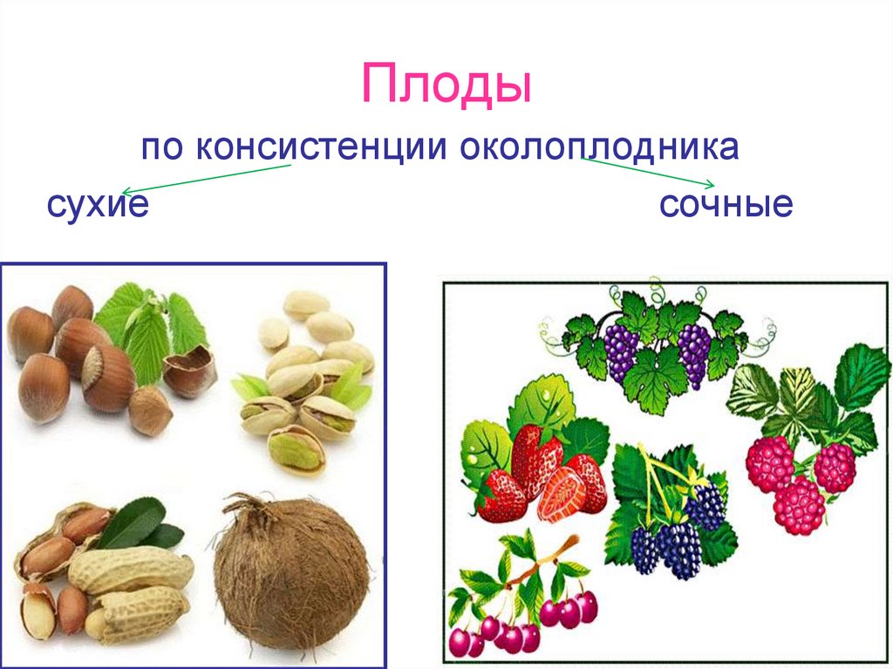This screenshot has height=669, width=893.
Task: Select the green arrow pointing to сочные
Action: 649,173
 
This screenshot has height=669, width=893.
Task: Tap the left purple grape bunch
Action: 620,349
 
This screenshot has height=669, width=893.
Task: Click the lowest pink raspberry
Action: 798,505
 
